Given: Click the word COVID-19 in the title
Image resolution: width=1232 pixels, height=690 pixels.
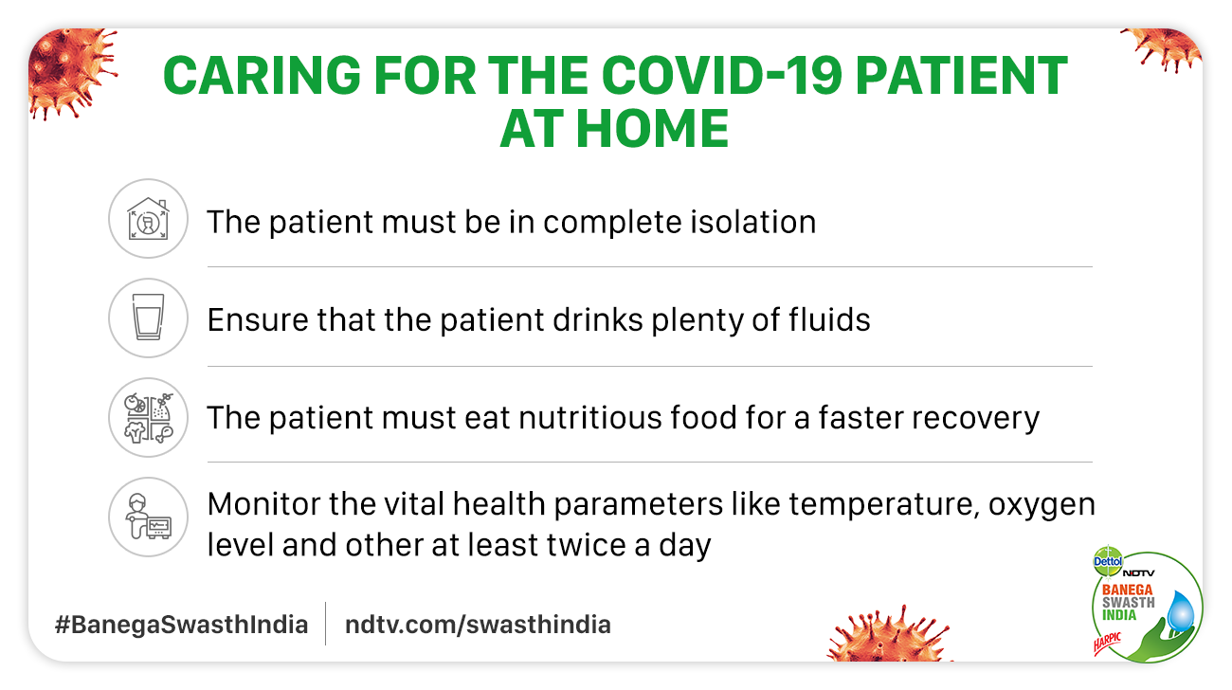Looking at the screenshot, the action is (x=721, y=75).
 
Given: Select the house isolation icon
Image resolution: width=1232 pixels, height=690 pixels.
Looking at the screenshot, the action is (x=148, y=218).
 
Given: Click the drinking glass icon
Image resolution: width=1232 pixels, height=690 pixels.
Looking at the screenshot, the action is (x=148, y=317).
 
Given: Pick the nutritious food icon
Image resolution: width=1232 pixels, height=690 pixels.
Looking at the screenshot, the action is (x=148, y=417).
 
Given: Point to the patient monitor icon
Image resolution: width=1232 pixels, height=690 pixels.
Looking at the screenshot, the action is (x=148, y=517).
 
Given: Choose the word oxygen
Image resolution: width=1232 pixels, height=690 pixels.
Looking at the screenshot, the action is (x=1042, y=505).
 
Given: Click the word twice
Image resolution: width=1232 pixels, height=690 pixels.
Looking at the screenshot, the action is (x=588, y=545).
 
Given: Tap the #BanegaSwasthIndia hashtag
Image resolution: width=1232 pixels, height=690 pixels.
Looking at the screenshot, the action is (x=181, y=625).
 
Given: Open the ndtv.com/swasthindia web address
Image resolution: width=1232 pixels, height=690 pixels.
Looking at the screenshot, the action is (x=478, y=625).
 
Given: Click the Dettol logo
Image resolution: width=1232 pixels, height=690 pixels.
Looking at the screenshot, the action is (x=1108, y=561).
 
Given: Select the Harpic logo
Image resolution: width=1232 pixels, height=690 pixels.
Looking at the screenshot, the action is (x=1107, y=644).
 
